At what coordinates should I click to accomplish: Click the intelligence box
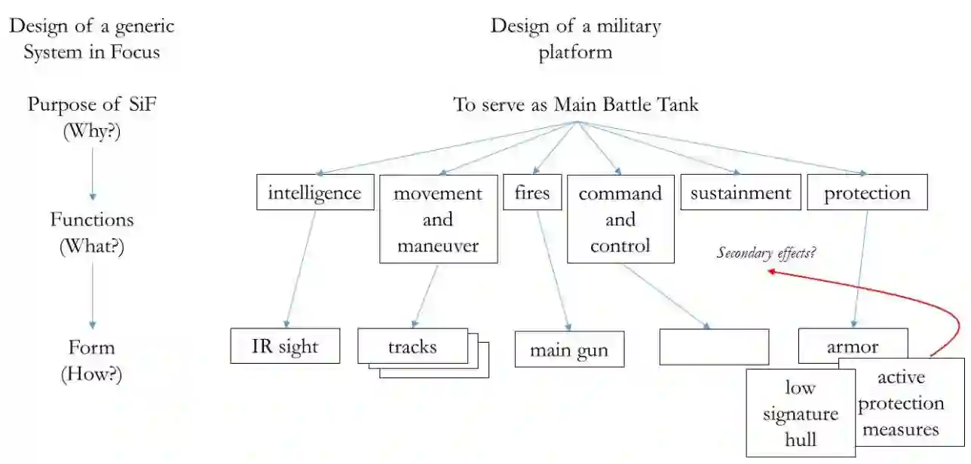314,193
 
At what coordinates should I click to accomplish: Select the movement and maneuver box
438,219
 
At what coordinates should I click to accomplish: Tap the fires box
531,193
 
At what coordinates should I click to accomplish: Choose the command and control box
620,219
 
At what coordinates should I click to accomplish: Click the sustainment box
740,193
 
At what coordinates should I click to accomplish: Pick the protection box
867,193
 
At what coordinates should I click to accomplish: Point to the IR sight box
285,346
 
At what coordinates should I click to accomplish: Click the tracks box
412,347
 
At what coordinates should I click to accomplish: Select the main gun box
569,350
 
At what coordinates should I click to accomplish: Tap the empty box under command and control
714,347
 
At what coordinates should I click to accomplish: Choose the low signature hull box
800,414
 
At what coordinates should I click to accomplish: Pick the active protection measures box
901,404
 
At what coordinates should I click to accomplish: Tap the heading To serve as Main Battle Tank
576,105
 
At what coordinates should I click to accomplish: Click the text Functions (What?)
91,233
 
